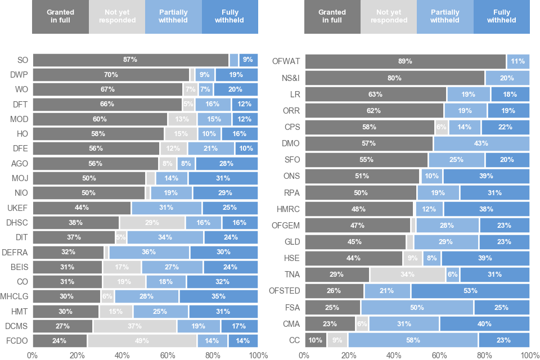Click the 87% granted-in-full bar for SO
click(130, 60)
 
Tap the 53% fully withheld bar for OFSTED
click(470, 291)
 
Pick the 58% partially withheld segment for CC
click(413, 340)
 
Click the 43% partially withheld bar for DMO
click(481, 143)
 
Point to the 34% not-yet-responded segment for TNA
click(407, 274)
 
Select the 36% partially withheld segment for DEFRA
click(149, 252)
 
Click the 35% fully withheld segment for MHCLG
click(218, 296)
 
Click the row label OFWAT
click(286, 61)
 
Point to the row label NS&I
click(289, 78)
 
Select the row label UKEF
click(18, 208)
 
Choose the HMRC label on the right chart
click(288, 209)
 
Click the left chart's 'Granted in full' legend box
click(60, 16)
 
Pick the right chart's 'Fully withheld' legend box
click(501, 16)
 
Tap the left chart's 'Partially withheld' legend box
click(173, 16)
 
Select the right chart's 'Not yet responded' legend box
click(389, 16)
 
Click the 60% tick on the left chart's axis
click(168, 355)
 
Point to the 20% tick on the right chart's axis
click(349, 355)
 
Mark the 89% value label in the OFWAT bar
click(405, 61)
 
